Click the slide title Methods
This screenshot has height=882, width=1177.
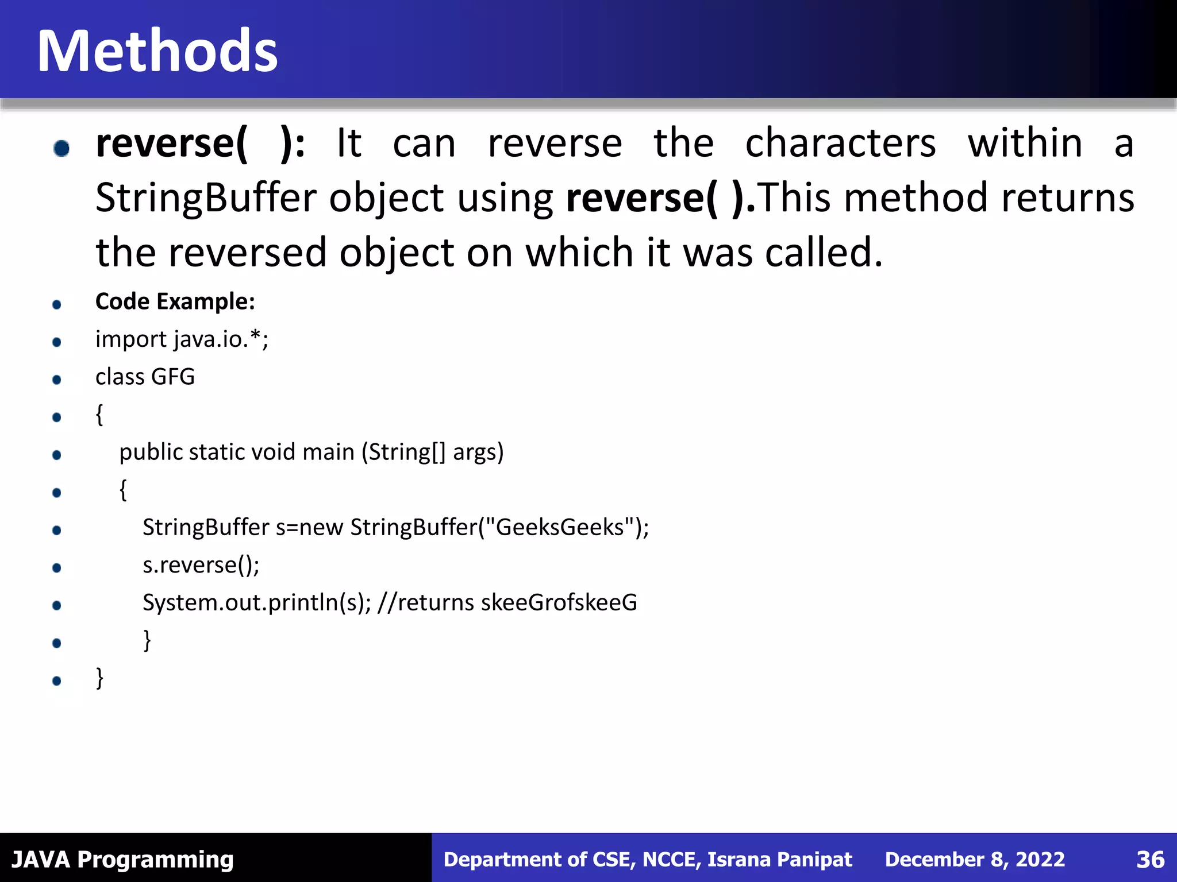(x=157, y=52)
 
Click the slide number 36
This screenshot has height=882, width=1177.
(x=1150, y=860)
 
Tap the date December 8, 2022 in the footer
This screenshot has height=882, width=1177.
(x=975, y=860)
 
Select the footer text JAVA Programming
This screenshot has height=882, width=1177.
(x=122, y=860)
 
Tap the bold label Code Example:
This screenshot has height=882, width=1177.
(x=175, y=301)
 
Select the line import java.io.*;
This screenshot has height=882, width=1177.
(x=182, y=339)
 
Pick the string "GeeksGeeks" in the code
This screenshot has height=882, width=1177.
(x=560, y=527)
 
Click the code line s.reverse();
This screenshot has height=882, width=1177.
(x=201, y=565)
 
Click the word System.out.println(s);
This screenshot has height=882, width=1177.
(x=257, y=603)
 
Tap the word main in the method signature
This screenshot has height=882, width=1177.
(x=328, y=452)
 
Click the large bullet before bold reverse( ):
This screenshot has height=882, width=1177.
(x=61, y=148)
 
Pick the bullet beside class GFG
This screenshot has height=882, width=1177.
(x=56, y=380)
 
